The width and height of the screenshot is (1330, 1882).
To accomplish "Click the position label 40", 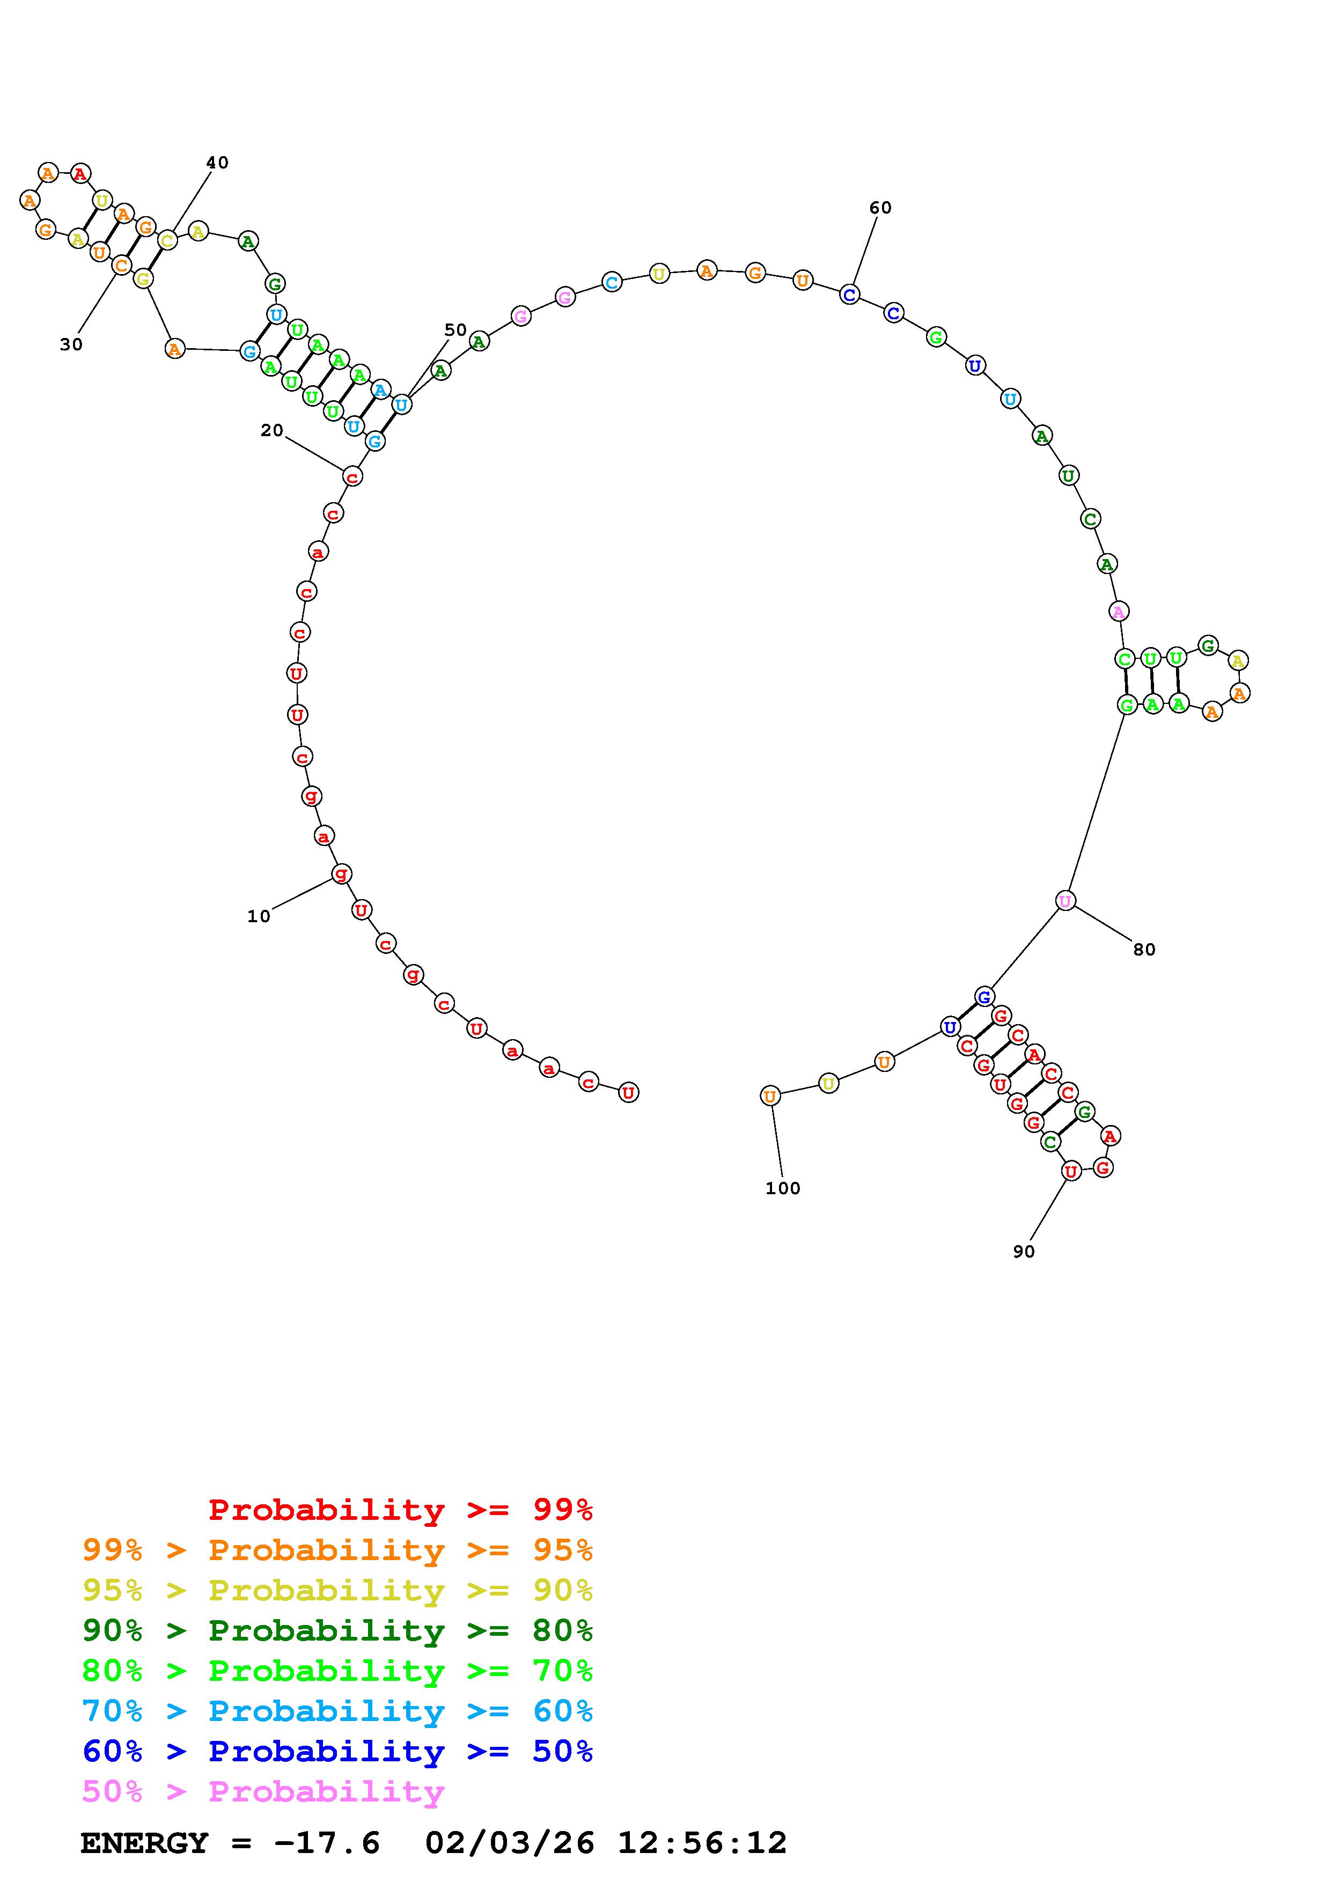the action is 217,163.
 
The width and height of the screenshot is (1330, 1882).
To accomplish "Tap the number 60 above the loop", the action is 880,208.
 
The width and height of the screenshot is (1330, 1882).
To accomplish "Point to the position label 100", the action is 783,1188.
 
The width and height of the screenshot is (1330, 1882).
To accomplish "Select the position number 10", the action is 259,916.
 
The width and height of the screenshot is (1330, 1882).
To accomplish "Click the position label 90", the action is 1024,1252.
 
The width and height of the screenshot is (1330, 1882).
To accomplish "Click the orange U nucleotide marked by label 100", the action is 770,1096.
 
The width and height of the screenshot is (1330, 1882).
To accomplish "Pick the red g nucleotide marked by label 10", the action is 342,874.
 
